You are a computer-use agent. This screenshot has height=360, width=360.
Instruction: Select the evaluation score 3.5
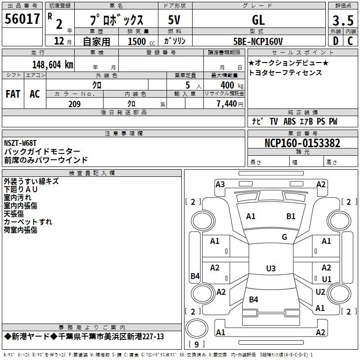[x=342, y=20]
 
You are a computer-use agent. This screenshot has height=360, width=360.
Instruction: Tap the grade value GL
[x=258, y=20]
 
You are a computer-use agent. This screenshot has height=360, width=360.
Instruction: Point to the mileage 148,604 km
[x=53, y=64]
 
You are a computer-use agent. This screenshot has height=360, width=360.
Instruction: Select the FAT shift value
[x=13, y=94]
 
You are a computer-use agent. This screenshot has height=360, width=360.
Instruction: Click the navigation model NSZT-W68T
[x=20, y=143]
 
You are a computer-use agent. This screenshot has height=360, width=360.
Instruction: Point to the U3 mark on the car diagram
[x=270, y=269]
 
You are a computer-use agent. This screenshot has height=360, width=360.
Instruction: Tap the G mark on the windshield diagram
[x=284, y=237]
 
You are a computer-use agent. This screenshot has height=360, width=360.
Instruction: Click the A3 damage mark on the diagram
[x=220, y=184]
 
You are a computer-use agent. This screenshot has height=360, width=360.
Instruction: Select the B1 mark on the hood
[x=291, y=216]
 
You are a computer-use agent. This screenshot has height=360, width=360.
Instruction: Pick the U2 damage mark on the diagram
[x=320, y=292]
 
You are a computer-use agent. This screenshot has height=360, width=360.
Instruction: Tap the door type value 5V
[x=175, y=20]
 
